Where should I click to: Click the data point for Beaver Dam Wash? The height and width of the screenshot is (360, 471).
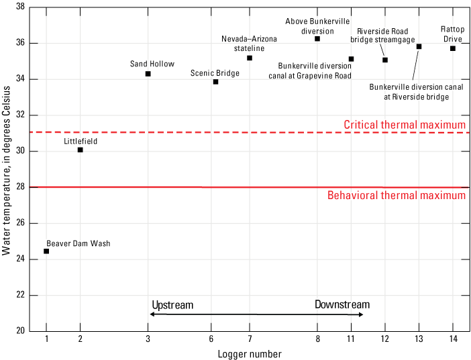pos(46,251)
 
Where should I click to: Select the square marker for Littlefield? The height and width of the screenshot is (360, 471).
pos(81,149)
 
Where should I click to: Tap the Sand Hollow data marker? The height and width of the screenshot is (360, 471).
pos(148,74)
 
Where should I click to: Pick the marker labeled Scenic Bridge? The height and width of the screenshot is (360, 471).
pos(215,82)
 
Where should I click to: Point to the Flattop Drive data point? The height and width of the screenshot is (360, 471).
pos(453,48)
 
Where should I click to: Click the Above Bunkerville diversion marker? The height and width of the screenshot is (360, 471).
pos(317,39)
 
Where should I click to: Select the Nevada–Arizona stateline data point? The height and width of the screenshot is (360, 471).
pos(250,58)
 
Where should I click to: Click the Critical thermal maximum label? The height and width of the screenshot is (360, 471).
pos(404,125)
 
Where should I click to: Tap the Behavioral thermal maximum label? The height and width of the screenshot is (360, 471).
pos(396,196)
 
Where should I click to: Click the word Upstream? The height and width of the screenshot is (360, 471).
pos(172,305)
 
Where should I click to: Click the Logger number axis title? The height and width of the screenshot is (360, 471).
pos(249,353)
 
